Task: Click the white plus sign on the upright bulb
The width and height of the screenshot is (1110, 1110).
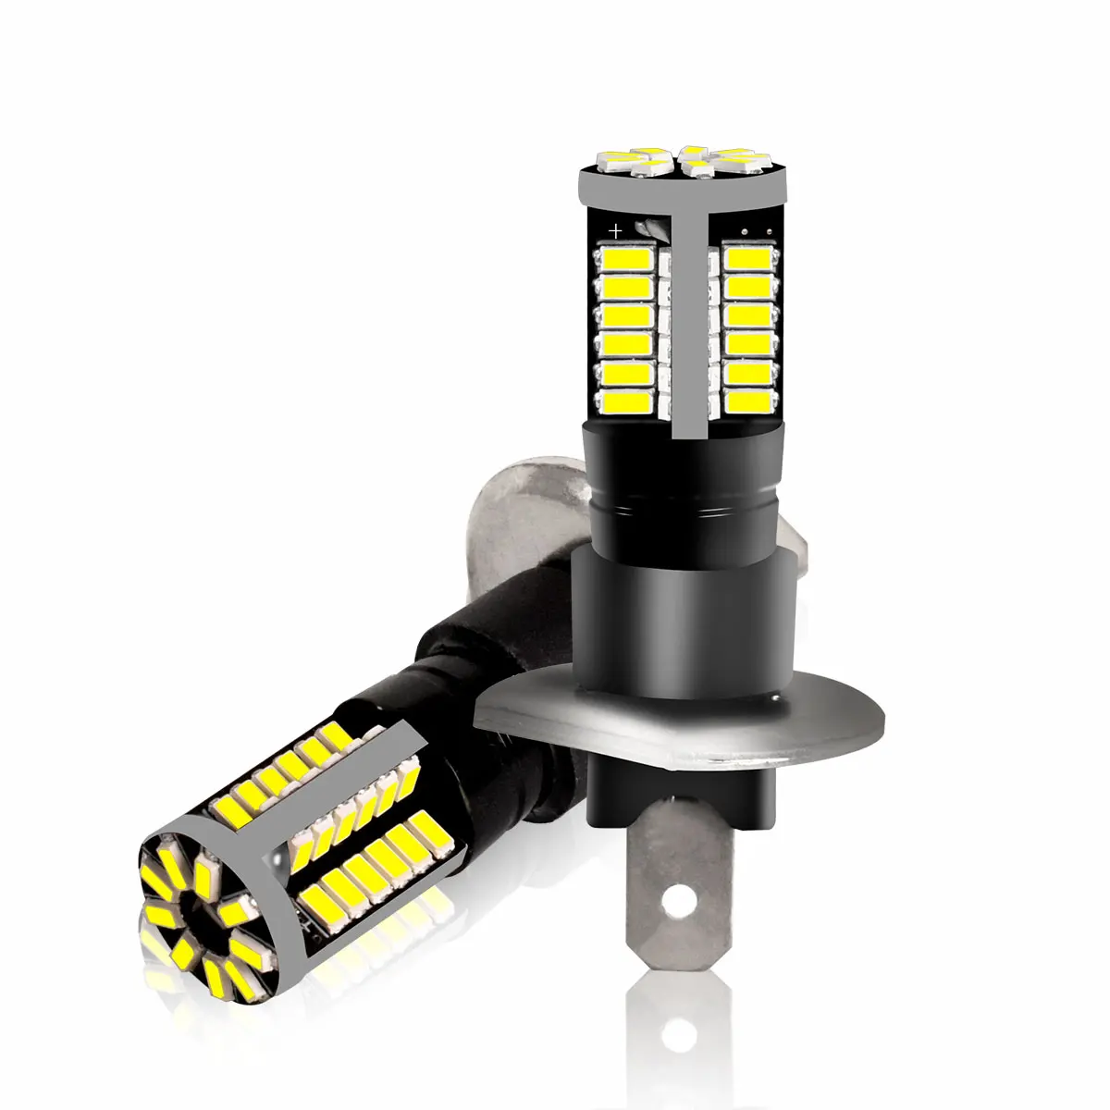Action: (x=613, y=228)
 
